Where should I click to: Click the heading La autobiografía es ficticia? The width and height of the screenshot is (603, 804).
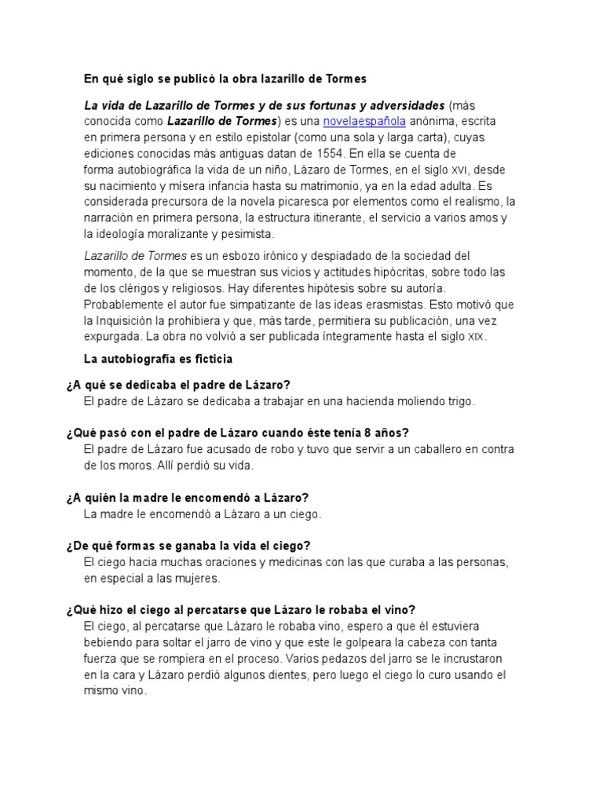point(158,359)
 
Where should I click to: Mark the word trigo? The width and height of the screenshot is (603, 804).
point(459,400)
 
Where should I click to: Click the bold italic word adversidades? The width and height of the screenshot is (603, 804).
point(398,105)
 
